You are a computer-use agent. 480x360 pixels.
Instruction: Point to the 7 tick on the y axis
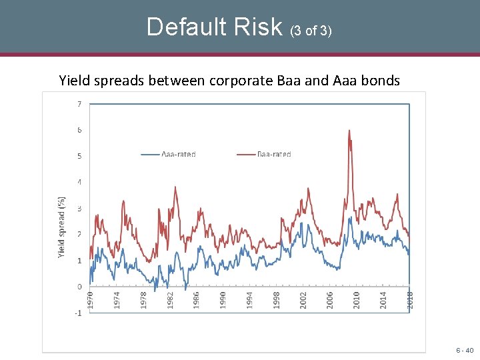click(79, 104)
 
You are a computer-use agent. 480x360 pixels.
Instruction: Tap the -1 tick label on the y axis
click(77, 313)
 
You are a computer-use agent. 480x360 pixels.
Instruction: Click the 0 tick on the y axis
click(79, 287)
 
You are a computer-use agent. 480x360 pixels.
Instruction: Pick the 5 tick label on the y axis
click(79, 156)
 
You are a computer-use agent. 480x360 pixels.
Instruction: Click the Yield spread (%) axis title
click(61, 227)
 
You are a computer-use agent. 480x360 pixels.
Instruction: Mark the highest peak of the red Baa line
click(349, 131)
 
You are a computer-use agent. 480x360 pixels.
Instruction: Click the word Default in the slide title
click(181, 27)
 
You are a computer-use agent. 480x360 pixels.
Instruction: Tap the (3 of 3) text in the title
click(311, 30)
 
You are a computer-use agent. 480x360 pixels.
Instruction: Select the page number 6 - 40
click(464, 350)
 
